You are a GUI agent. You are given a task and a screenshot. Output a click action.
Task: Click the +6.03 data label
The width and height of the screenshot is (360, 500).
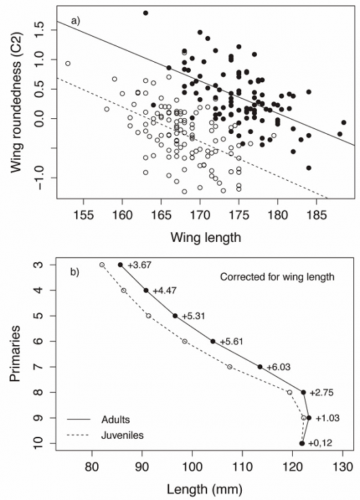(278, 367)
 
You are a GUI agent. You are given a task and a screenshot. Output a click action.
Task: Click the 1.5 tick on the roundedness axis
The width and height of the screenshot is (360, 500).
(39, 29)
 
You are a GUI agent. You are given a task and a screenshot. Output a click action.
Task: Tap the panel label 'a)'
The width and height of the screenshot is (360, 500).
(76, 20)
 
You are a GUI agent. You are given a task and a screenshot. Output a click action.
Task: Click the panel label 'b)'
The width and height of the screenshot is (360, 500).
(75, 272)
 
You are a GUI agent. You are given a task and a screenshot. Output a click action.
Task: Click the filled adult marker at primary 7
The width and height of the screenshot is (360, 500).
(260, 367)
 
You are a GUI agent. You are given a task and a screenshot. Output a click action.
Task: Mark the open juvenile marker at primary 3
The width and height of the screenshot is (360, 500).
(102, 265)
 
